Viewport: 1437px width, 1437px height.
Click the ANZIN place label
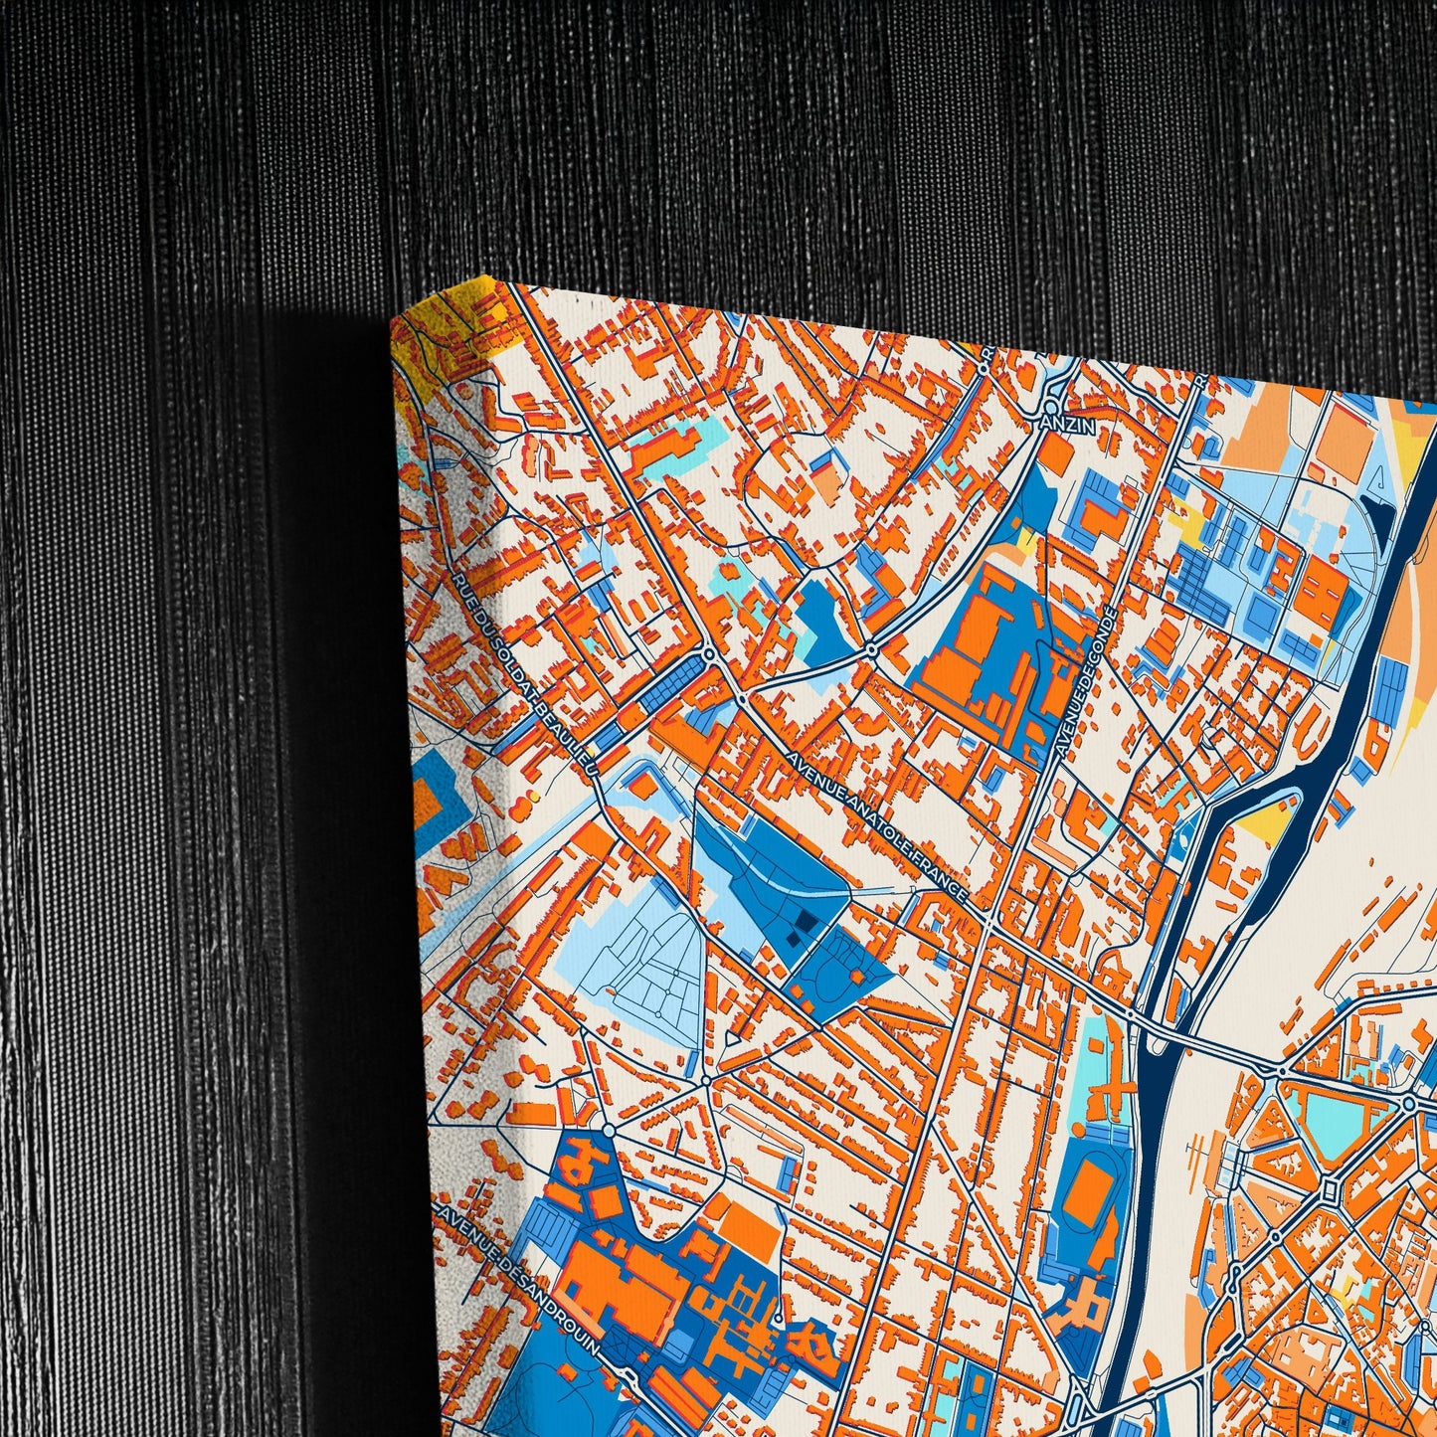point(1069,426)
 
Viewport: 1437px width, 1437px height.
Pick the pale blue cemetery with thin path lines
point(636,955)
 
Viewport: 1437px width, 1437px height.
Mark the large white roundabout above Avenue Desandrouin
point(609,1131)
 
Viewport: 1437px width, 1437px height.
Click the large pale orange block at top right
point(1263,428)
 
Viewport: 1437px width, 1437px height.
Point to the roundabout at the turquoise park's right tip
point(1408,1103)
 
